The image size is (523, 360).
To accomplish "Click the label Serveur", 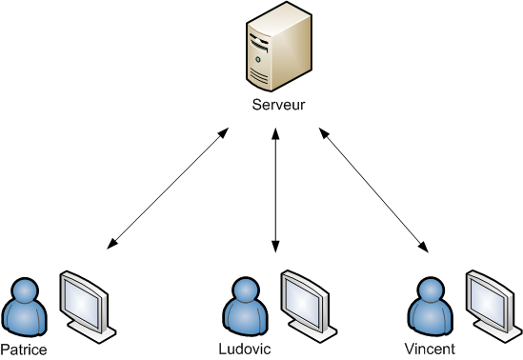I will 278,105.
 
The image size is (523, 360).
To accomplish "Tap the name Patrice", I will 23,349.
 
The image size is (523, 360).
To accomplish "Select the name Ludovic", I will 245,349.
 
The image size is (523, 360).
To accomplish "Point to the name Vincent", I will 429,349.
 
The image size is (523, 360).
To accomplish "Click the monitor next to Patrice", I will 86,300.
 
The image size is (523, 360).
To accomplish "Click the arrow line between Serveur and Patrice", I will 168,191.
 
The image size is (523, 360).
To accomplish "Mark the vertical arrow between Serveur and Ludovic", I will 276,191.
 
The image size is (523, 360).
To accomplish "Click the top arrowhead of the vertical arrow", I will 276,134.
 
